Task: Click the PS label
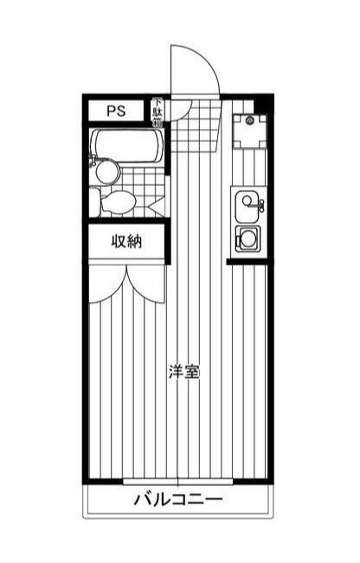coord(116,111)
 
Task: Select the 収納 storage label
coord(125,241)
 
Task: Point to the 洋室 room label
coord(184,373)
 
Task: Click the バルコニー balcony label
coord(178,499)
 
